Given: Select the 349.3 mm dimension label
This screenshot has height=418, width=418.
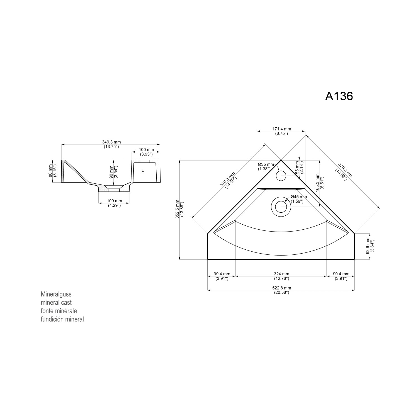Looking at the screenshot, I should [x=111, y=144].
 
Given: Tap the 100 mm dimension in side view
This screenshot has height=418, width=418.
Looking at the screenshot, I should [x=146, y=152].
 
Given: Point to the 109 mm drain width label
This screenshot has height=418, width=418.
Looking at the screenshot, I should [x=114, y=203].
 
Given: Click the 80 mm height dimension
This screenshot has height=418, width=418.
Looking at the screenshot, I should [x=52, y=171].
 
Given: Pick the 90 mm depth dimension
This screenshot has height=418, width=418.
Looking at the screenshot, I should [x=113, y=172].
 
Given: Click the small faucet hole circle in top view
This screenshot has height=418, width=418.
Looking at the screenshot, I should [x=281, y=176].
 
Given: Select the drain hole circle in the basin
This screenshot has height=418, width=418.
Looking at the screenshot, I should [x=281, y=207].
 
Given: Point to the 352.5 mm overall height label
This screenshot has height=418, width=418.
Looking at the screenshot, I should [x=179, y=209].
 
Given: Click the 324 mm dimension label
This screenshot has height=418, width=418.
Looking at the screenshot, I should [x=281, y=276].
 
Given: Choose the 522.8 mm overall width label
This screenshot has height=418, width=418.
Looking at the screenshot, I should [x=281, y=290].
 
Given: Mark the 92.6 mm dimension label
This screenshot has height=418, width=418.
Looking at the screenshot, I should [x=370, y=246].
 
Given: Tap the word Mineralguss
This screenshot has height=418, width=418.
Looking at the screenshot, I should [x=56, y=294].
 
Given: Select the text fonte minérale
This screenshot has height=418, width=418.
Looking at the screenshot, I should [x=59, y=311].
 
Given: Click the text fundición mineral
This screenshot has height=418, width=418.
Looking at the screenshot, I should [x=62, y=319].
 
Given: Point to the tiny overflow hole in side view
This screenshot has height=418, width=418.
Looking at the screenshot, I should [x=143, y=172].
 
